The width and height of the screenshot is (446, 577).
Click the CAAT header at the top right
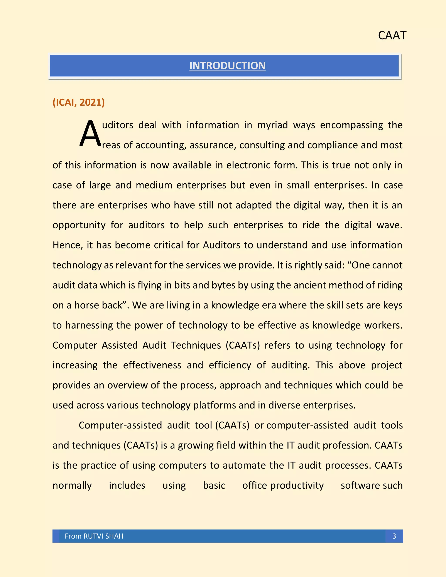point(392,35)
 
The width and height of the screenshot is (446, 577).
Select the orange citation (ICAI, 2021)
point(78,102)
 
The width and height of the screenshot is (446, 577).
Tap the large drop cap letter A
point(90,134)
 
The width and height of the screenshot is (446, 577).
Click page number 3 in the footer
point(394,536)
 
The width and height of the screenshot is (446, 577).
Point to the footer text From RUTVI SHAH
point(94,536)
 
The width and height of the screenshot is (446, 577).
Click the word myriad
point(272,125)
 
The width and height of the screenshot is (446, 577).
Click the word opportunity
point(79,225)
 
